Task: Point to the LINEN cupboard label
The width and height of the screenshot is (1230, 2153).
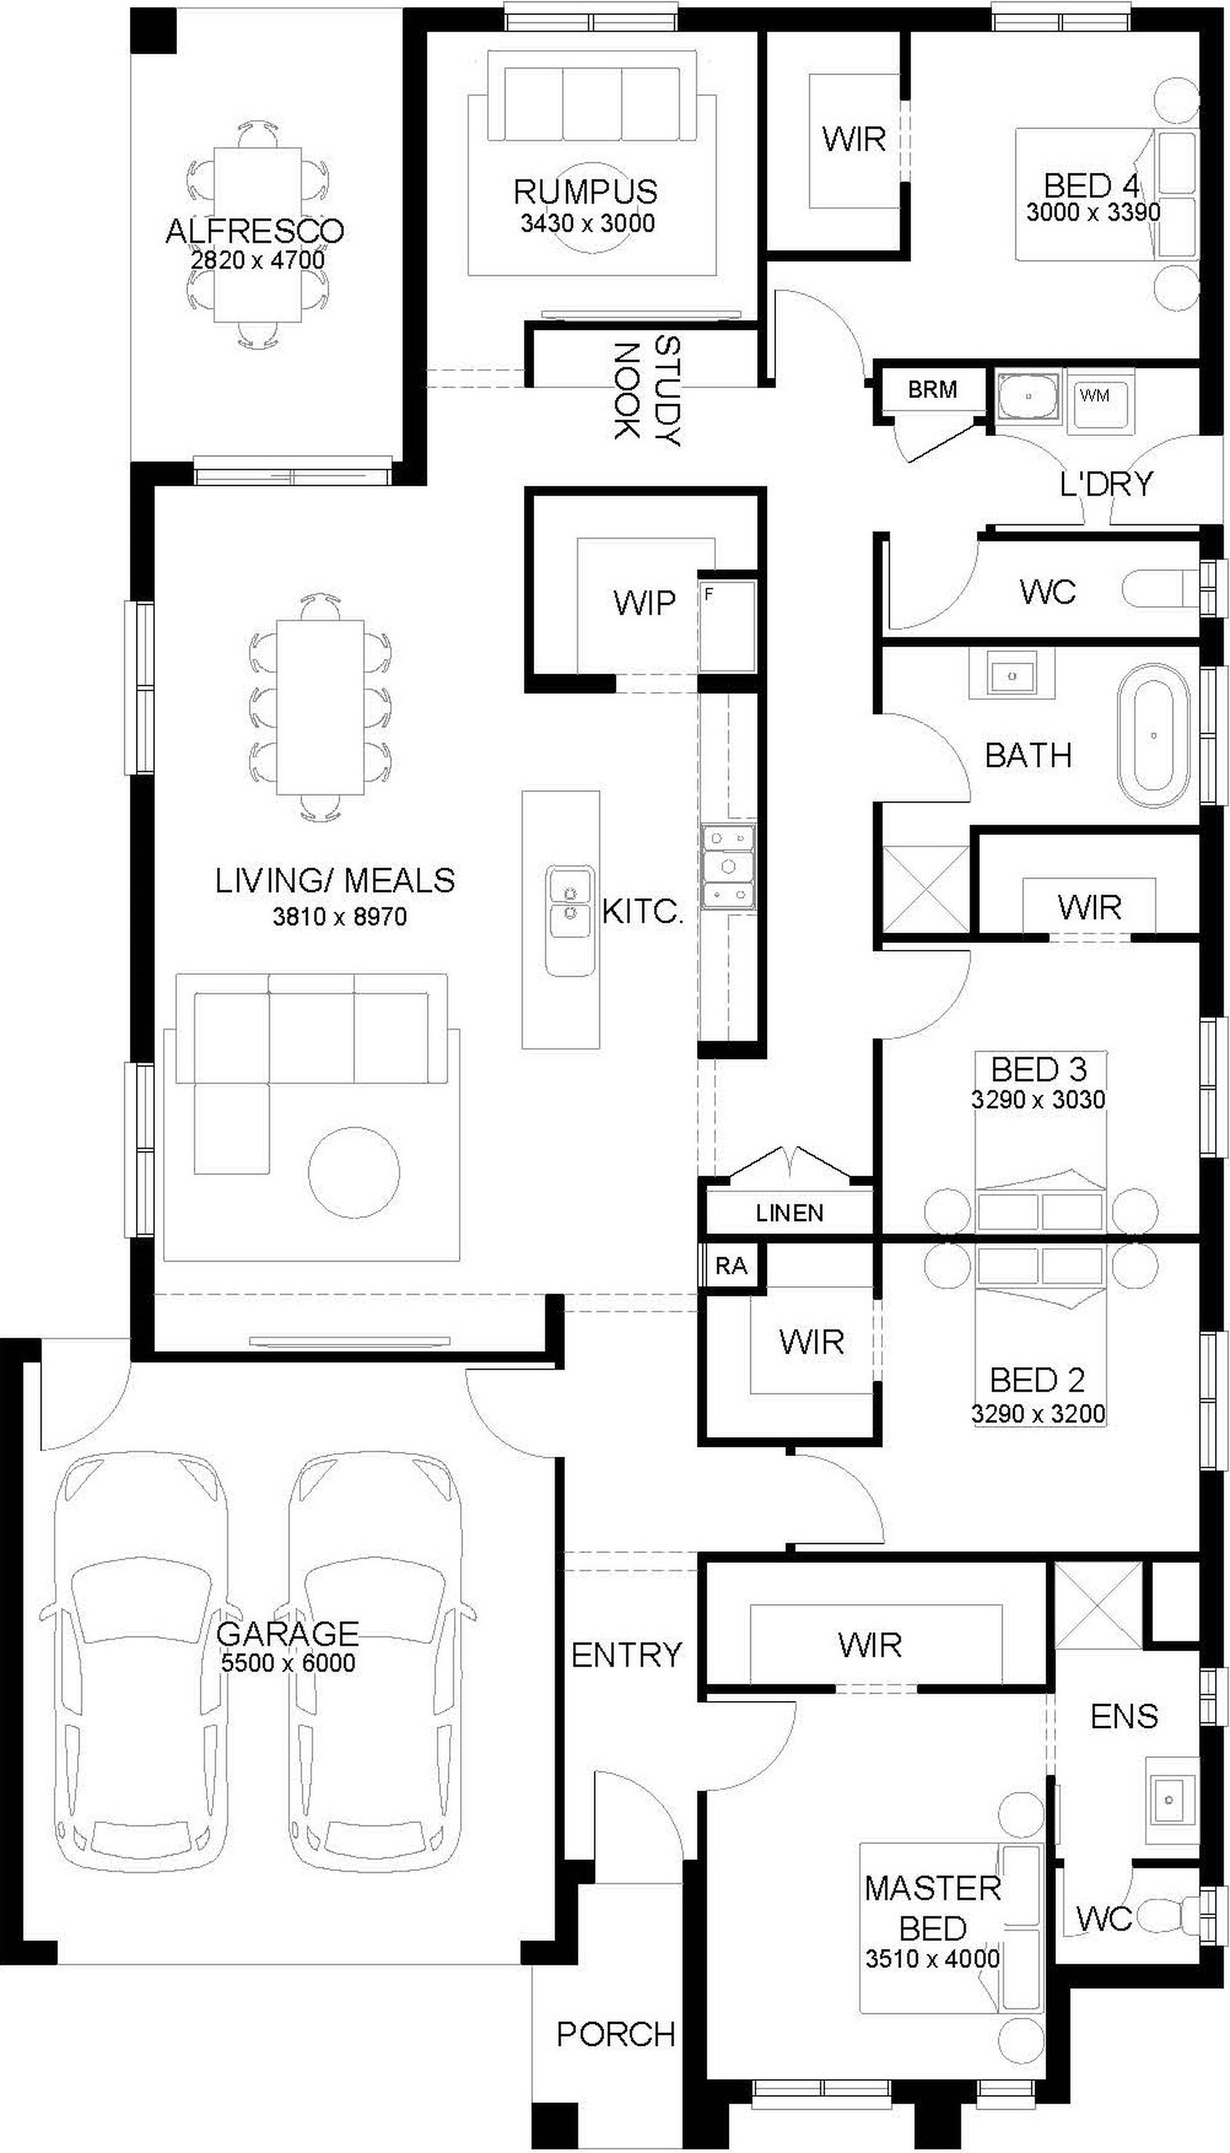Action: pos(789,1214)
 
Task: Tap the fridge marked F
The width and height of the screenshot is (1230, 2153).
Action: pos(726,625)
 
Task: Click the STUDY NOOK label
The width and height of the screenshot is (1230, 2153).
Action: pos(646,391)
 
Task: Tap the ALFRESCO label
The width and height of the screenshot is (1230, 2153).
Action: pos(255,231)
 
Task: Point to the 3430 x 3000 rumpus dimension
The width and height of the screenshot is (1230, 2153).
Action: pos(588,223)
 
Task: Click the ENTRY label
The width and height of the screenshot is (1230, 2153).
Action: pos(626,1655)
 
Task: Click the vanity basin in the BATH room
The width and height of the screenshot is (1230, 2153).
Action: pos(1011,675)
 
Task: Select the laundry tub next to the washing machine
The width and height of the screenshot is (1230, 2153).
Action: pos(1028,394)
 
